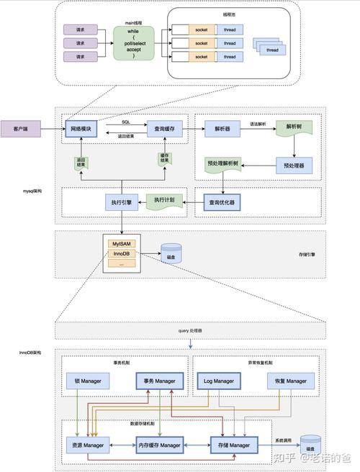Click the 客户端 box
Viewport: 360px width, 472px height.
click(20, 129)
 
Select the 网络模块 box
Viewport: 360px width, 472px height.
click(81, 129)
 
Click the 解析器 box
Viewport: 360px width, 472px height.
click(222, 129)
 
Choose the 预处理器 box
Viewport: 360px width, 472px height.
click(294, 165)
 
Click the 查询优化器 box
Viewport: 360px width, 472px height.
click(222, 203)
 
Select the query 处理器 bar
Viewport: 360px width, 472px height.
click(190, 330)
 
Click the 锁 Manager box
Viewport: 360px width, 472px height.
click(86, 381)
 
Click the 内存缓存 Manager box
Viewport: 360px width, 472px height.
click(160, 445)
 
